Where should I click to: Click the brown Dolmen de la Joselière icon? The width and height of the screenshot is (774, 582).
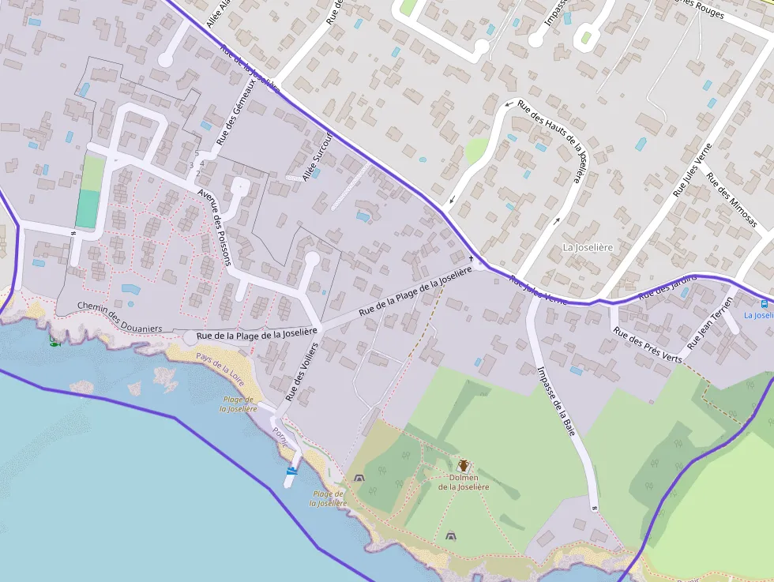point(463,466)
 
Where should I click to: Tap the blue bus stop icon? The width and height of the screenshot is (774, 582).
point(764,303)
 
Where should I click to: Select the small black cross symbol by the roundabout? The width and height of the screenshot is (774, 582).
point(472,258)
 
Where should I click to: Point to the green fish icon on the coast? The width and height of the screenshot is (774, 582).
point(54,341)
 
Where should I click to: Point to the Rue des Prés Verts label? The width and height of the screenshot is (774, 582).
point(648,346)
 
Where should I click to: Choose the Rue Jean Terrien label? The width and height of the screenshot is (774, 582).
point(710,325)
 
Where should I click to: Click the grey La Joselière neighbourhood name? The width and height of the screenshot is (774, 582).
point(588,247)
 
